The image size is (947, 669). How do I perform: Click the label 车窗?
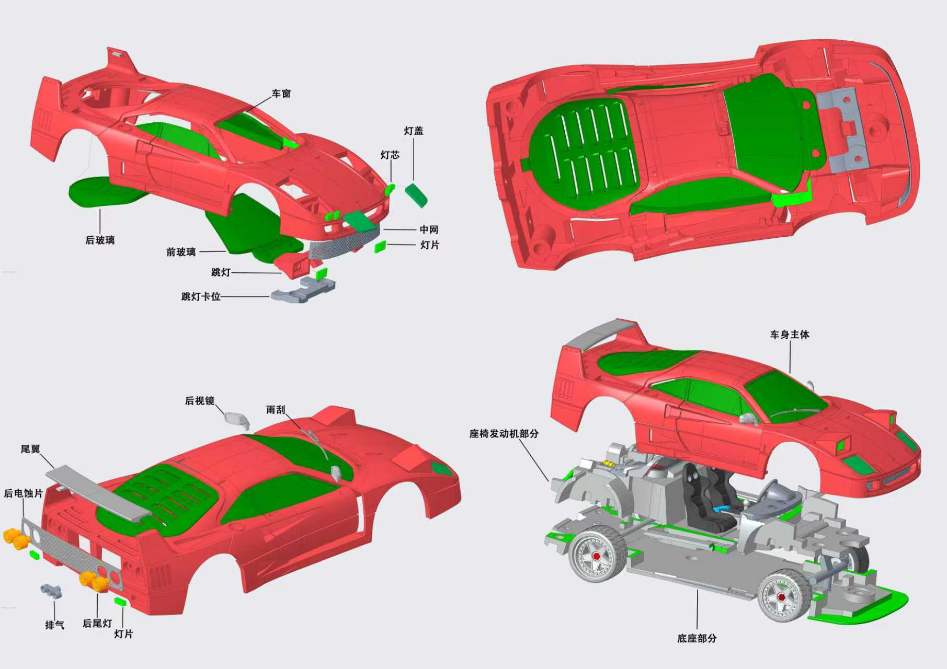coord(281,94)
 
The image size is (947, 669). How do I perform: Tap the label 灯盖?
coord(413,131)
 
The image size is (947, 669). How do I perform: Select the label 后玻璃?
coord(99,240)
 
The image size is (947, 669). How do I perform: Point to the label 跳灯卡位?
coord(201,296)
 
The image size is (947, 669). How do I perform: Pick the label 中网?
coord(429,229)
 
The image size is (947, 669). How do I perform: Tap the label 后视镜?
coord(199,401)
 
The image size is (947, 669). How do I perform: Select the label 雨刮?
coord(276,410)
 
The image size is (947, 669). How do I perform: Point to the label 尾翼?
coord(30,449)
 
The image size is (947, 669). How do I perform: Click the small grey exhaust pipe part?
coord(51,590)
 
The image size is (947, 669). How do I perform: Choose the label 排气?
coord(54,625)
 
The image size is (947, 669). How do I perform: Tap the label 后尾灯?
coord(97,624)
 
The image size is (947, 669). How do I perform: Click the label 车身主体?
coord(789,334)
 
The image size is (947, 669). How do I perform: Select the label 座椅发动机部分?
coord(504,433)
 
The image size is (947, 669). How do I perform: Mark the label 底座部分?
coord(697,638)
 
